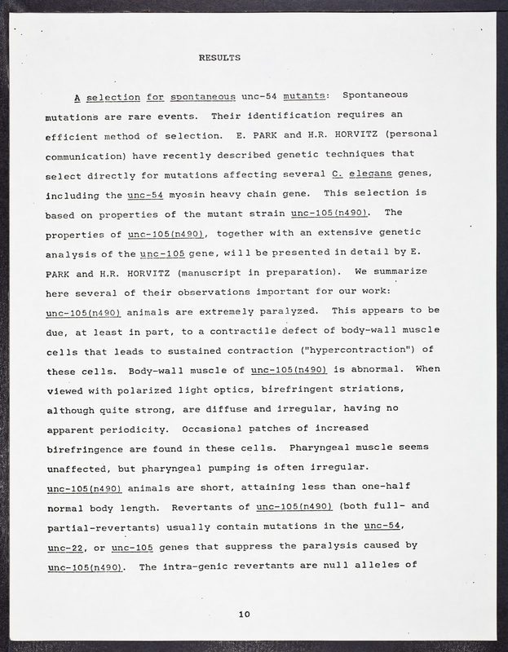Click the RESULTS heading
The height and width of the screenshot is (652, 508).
pos(219,58)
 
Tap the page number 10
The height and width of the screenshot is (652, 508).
pos(245,615)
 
